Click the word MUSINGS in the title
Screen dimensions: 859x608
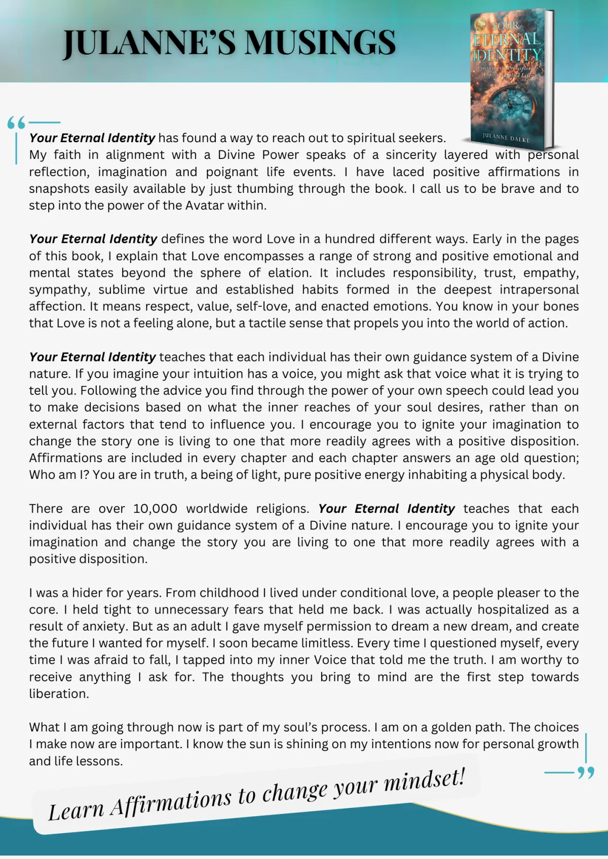click(x=321, y=43)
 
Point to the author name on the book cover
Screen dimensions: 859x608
click(x=506, y=137)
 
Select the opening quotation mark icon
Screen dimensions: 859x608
click(x=16, y=123)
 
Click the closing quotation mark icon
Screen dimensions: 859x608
click(x=586, y=773)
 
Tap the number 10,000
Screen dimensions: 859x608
click(x=155, y=509)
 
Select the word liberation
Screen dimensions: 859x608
click(x=59, y=694)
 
